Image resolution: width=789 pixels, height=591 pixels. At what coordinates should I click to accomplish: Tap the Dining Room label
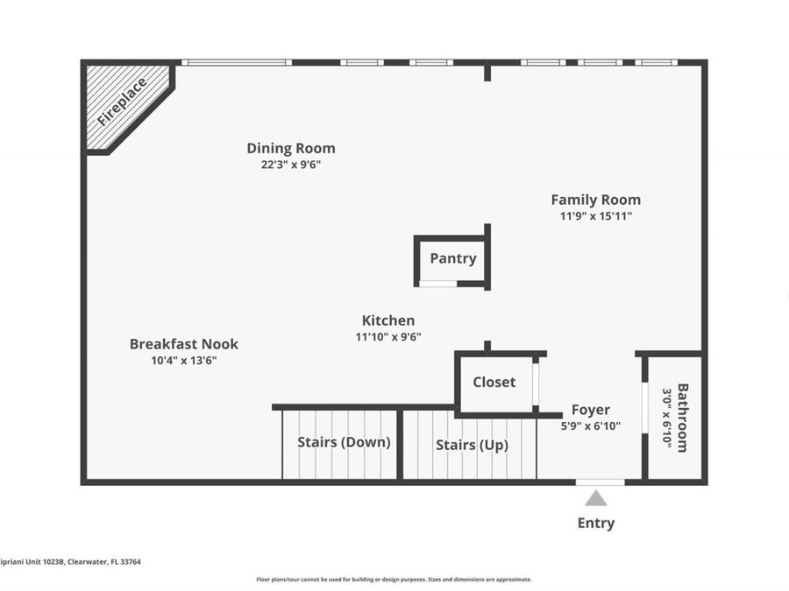(290, 148)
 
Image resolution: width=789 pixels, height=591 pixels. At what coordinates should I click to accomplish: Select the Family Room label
(595, 200)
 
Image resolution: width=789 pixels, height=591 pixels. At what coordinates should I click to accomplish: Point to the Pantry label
(453, 258)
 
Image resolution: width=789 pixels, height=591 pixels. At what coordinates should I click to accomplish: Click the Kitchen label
(388, 320)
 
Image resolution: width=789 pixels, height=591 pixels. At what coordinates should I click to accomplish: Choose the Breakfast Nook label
(183, 344)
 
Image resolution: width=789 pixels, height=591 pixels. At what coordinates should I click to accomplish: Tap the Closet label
(494, 382)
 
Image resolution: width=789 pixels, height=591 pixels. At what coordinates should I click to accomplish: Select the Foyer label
(591, 410)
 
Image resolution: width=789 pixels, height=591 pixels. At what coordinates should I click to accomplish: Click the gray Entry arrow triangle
(596, 498)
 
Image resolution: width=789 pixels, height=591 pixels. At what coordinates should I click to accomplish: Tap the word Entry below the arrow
(596, 523)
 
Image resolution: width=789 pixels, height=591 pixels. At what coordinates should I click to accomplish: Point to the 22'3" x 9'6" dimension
(291, 165)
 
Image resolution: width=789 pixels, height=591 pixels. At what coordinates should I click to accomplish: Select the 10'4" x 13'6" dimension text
(184, 360)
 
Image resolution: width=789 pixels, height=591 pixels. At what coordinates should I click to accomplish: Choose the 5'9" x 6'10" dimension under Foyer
(591, 426)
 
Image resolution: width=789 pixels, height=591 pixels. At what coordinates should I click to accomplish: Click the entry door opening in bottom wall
(601, 482)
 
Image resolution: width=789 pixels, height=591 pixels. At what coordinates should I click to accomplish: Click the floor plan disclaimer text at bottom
(394, 579)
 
